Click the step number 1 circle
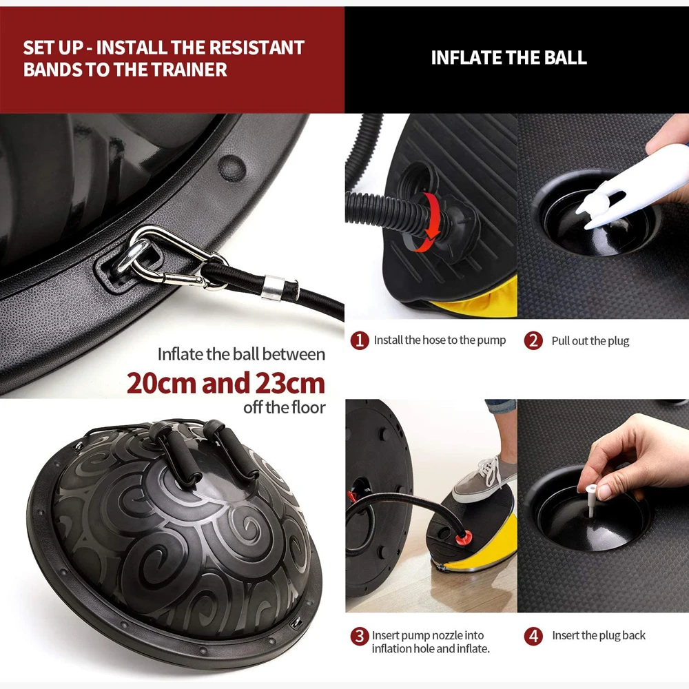tap(360, 340)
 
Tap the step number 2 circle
tap(533, 340)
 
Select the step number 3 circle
tap(360, 636)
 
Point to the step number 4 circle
tap(533, 636)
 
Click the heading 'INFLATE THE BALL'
tap(509, 58)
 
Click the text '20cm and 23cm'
tap(226, 383)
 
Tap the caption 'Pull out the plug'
tap(590, 341)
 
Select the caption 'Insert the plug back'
tap(599, 635)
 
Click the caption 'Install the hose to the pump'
tap(440, 340)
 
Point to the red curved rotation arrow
tap(431, 220)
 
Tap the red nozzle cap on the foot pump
tap(463, 537)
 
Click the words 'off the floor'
tap(285, 407)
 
